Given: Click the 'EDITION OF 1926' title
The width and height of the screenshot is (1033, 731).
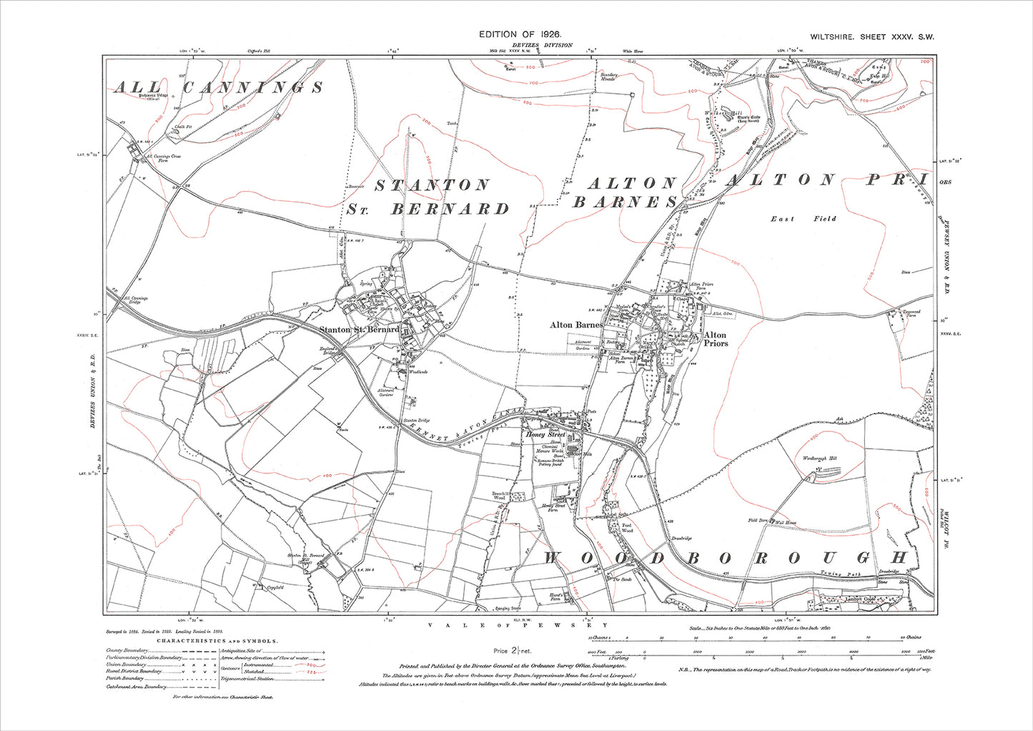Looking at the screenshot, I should pyautogui.click(x=520, y=34).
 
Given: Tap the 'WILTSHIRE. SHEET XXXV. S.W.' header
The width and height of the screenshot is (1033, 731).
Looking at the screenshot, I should pyautogui.click(x=872, y=36).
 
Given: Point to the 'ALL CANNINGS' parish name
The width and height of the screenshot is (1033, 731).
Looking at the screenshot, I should pyautogui.click(x=218, y=87).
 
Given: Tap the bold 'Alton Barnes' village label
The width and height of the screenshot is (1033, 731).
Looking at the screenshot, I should pyautogui.click(x=576, y=325).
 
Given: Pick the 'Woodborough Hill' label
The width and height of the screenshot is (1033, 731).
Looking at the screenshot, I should pyautogui.click(x=823, y=458).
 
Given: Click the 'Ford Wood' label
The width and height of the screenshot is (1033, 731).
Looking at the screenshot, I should pyautogui.click(x=626, y=529).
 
